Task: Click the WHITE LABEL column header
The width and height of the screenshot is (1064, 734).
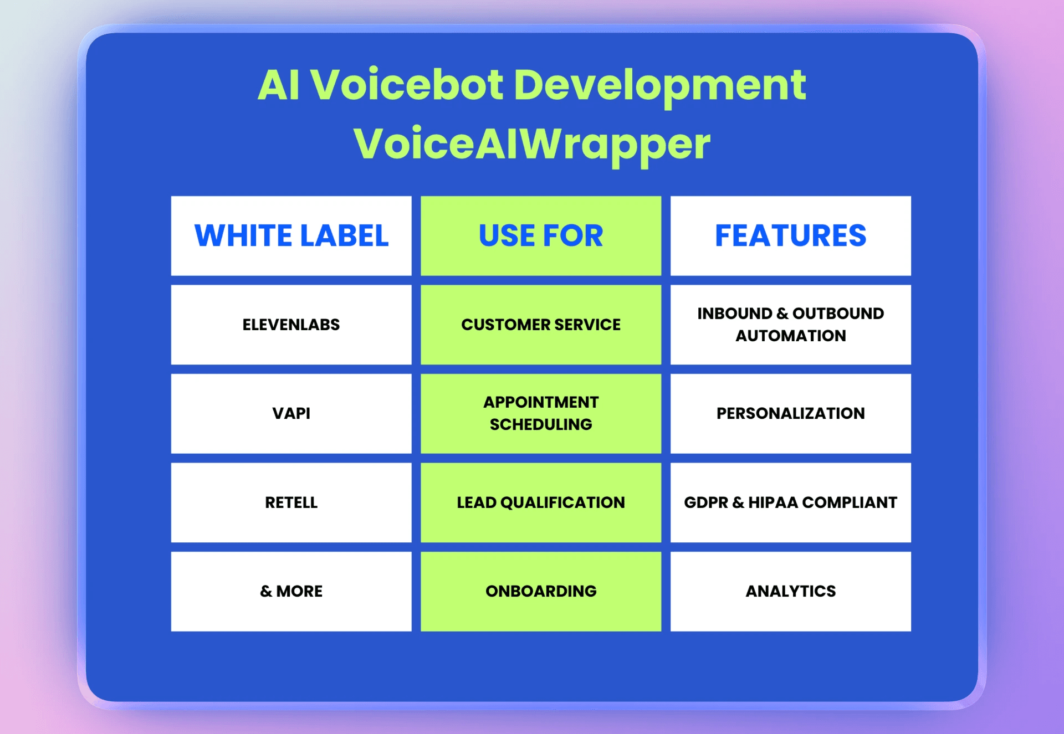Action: point(291,235)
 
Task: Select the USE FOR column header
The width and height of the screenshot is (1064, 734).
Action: point(541,235)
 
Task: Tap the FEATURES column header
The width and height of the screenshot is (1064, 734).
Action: point(790,235)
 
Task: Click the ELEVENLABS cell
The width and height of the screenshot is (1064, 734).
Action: point(291,325)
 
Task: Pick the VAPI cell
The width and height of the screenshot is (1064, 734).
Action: point(291,413)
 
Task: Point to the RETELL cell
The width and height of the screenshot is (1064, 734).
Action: point(291,502)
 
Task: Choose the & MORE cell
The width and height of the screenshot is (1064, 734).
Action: point(291,591)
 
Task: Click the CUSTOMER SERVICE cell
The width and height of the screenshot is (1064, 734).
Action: point(541,325)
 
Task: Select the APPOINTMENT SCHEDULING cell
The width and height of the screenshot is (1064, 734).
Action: point(541,413)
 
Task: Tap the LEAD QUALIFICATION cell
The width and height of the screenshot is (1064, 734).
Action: point(541,502)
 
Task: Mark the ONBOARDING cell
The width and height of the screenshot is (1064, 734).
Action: point(541,591)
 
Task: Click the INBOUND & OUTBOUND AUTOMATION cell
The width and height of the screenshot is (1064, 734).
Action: point(790,325)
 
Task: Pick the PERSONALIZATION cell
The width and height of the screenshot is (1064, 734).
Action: point(790,413)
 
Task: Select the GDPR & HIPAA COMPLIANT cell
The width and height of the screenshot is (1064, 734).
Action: point(790,502)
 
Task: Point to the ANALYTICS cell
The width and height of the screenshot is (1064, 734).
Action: point(790,591)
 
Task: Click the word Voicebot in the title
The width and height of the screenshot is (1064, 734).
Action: point(407,85)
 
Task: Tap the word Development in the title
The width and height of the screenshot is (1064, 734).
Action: point(659,86)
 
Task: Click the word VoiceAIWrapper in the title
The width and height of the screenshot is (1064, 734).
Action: point(532,144)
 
